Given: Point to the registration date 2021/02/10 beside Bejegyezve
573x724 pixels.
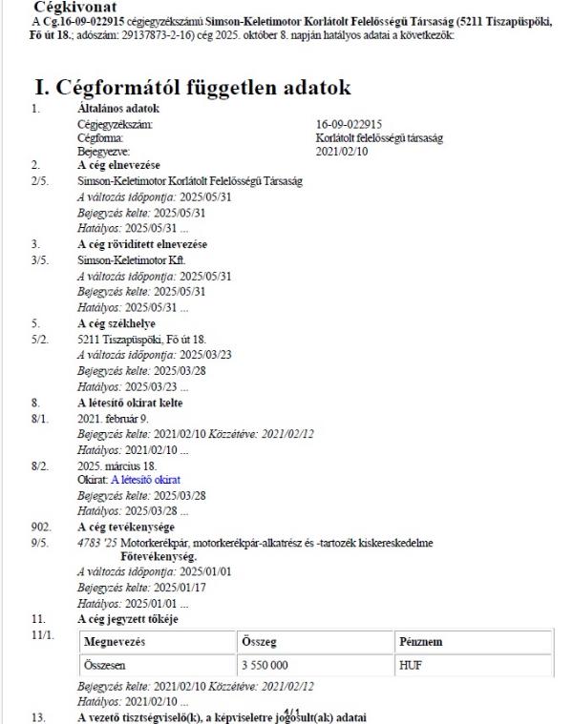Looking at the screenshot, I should pyautogui.click(x=341, y=151).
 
